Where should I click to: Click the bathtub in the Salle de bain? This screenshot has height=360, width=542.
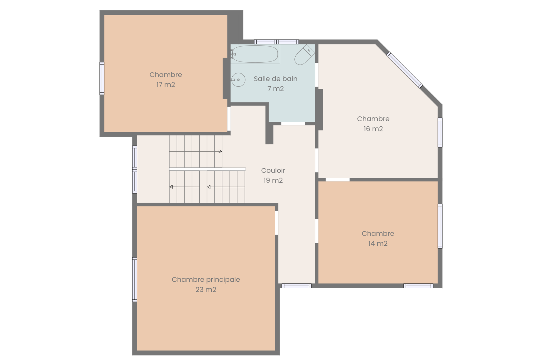255,54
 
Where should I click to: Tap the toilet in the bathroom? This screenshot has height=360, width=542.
305,55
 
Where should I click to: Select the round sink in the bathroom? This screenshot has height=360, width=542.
238,80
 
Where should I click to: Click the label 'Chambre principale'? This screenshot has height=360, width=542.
206,280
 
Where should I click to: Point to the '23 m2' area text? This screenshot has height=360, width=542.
206,289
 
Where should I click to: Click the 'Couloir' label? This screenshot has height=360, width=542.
273,170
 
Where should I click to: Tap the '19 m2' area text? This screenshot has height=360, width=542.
273,180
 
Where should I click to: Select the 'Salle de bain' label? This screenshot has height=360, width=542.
275,79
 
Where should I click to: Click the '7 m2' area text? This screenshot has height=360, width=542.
275,88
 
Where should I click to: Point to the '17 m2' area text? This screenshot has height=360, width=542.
166,85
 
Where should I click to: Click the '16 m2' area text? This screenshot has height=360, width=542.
373,129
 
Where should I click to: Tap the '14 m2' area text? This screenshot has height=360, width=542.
378,243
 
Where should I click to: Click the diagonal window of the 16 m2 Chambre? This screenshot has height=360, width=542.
404,70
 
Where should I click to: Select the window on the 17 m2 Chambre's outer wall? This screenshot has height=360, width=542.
102,79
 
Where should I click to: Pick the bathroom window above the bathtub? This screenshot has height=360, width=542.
276,42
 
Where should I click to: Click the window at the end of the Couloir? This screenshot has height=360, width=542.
296,286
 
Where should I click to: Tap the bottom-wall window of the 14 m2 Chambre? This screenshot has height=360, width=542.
418,286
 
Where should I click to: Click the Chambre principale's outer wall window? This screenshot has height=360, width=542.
135,280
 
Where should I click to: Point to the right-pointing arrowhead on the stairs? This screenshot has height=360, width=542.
220,151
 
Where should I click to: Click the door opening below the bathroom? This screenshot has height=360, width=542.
293,124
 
